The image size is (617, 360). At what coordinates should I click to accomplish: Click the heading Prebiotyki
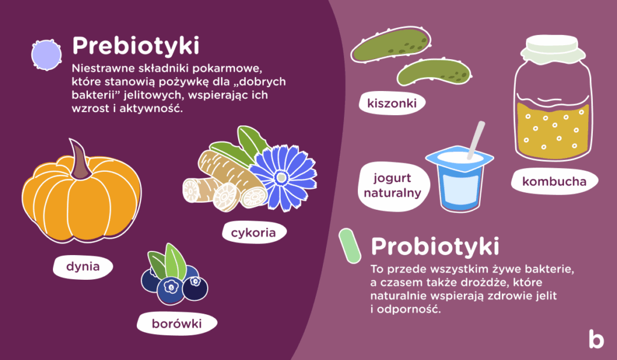(x=135, y=46)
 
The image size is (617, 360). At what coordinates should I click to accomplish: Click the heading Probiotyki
(x=434, y=246)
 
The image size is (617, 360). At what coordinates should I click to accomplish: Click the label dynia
(x=83, y=265)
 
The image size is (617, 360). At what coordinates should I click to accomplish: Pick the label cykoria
(x=253, y=232)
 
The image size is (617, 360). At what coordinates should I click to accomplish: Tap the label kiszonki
(x=392, y=103)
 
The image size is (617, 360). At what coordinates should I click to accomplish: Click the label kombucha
(x=554, y=180)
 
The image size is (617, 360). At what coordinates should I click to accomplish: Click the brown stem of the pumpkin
(x=79, y=160)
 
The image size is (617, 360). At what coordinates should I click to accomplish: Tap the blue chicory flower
(x=281, y=177)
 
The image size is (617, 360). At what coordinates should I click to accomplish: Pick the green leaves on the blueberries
(x=168, y=260)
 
